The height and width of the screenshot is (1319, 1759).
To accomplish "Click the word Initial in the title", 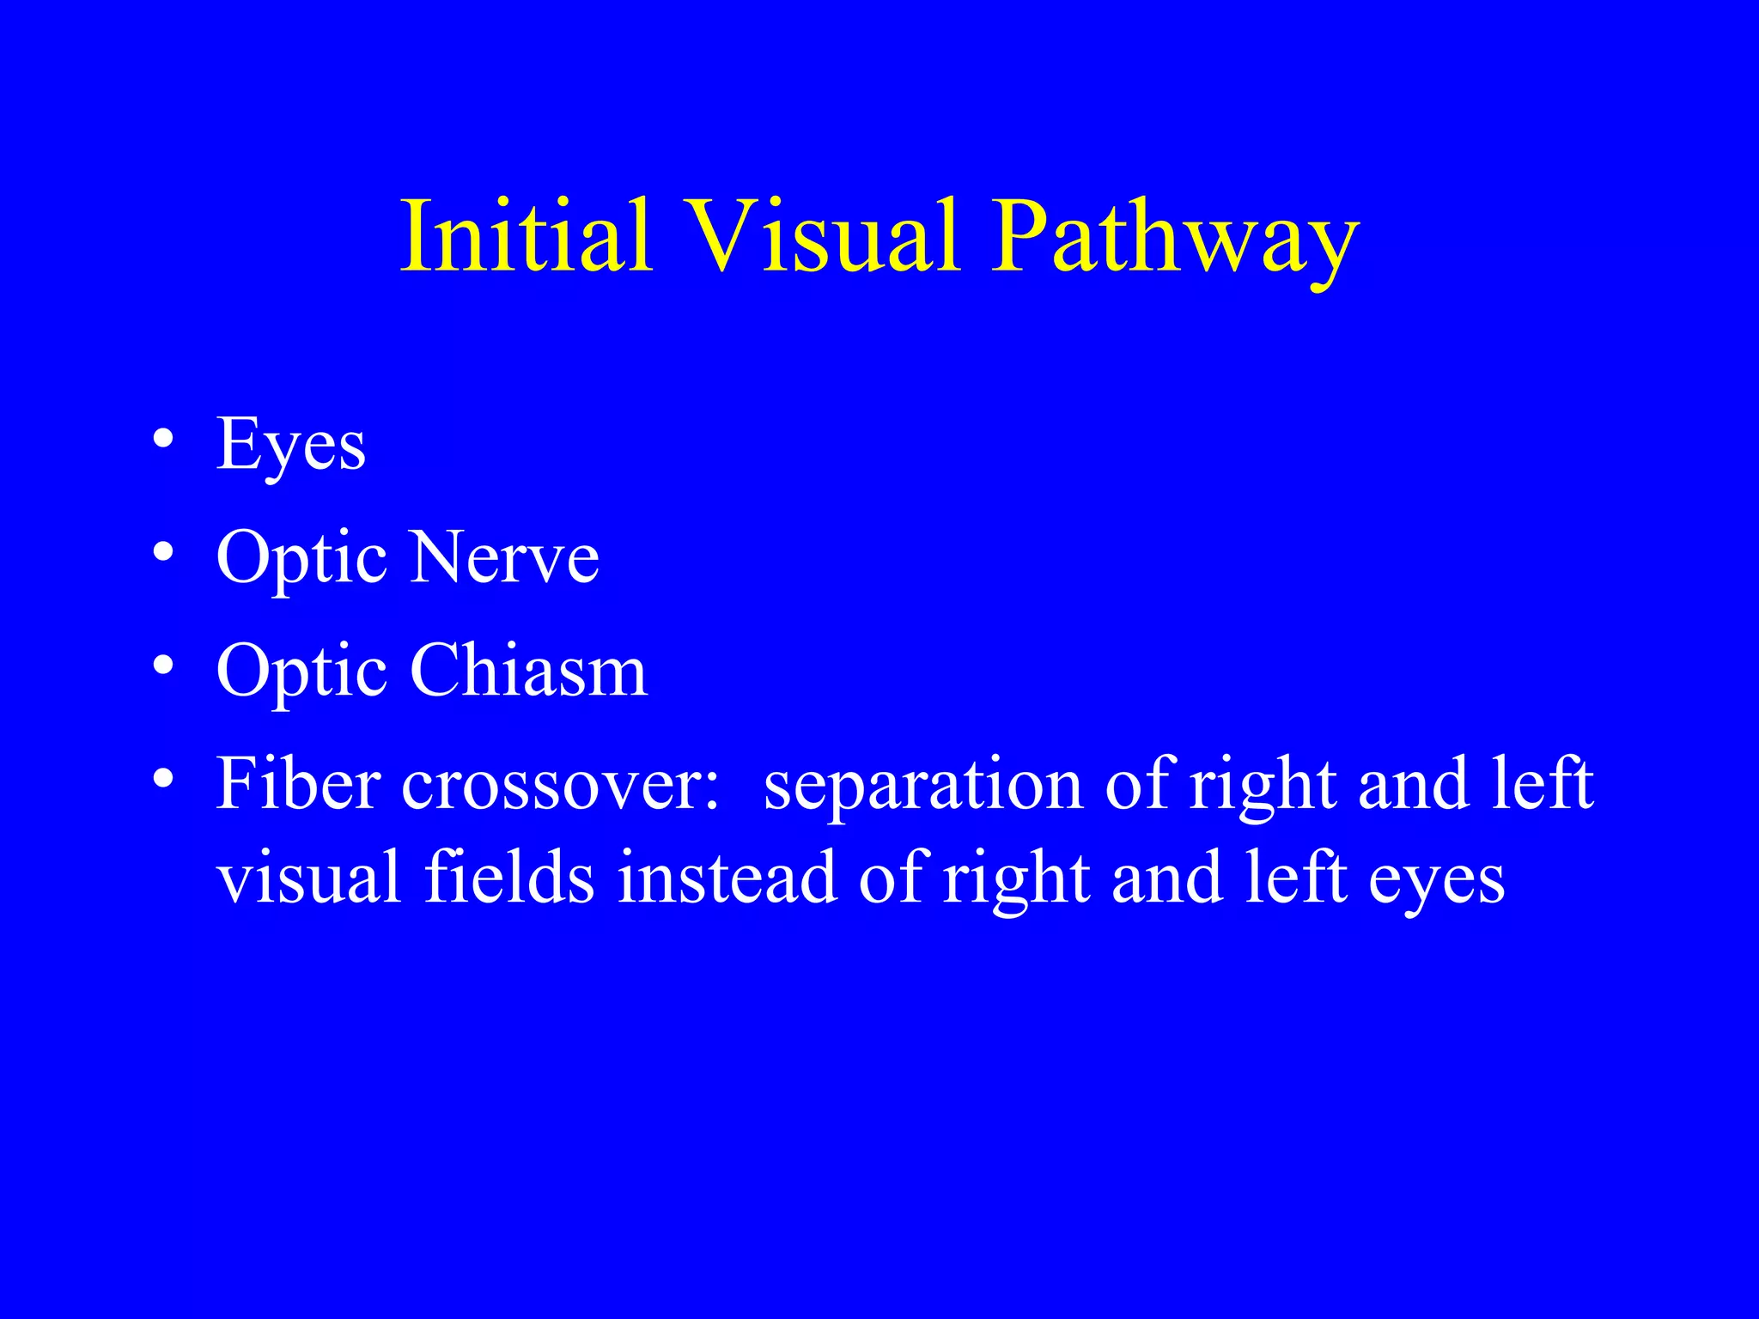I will [x=526, y=235].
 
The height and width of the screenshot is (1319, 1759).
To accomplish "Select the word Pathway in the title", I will [x=1175, y=240].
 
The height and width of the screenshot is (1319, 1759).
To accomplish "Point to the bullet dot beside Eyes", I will [x=163, y=440].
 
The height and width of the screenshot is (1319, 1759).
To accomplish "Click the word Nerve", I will [x=505, y=557].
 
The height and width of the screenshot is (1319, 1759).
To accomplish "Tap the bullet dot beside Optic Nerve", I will [x=163, y=553].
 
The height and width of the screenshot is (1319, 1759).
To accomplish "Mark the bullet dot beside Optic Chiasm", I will [x=163, y=666].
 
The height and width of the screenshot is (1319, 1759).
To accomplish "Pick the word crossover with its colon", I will [x=559, y=785].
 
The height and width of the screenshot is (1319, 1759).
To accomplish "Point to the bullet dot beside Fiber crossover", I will [x=163, y=779].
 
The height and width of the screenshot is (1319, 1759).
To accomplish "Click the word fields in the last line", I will [x=509, y=877].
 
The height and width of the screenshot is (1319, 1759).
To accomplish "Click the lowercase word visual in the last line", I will [x=308, y=877].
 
